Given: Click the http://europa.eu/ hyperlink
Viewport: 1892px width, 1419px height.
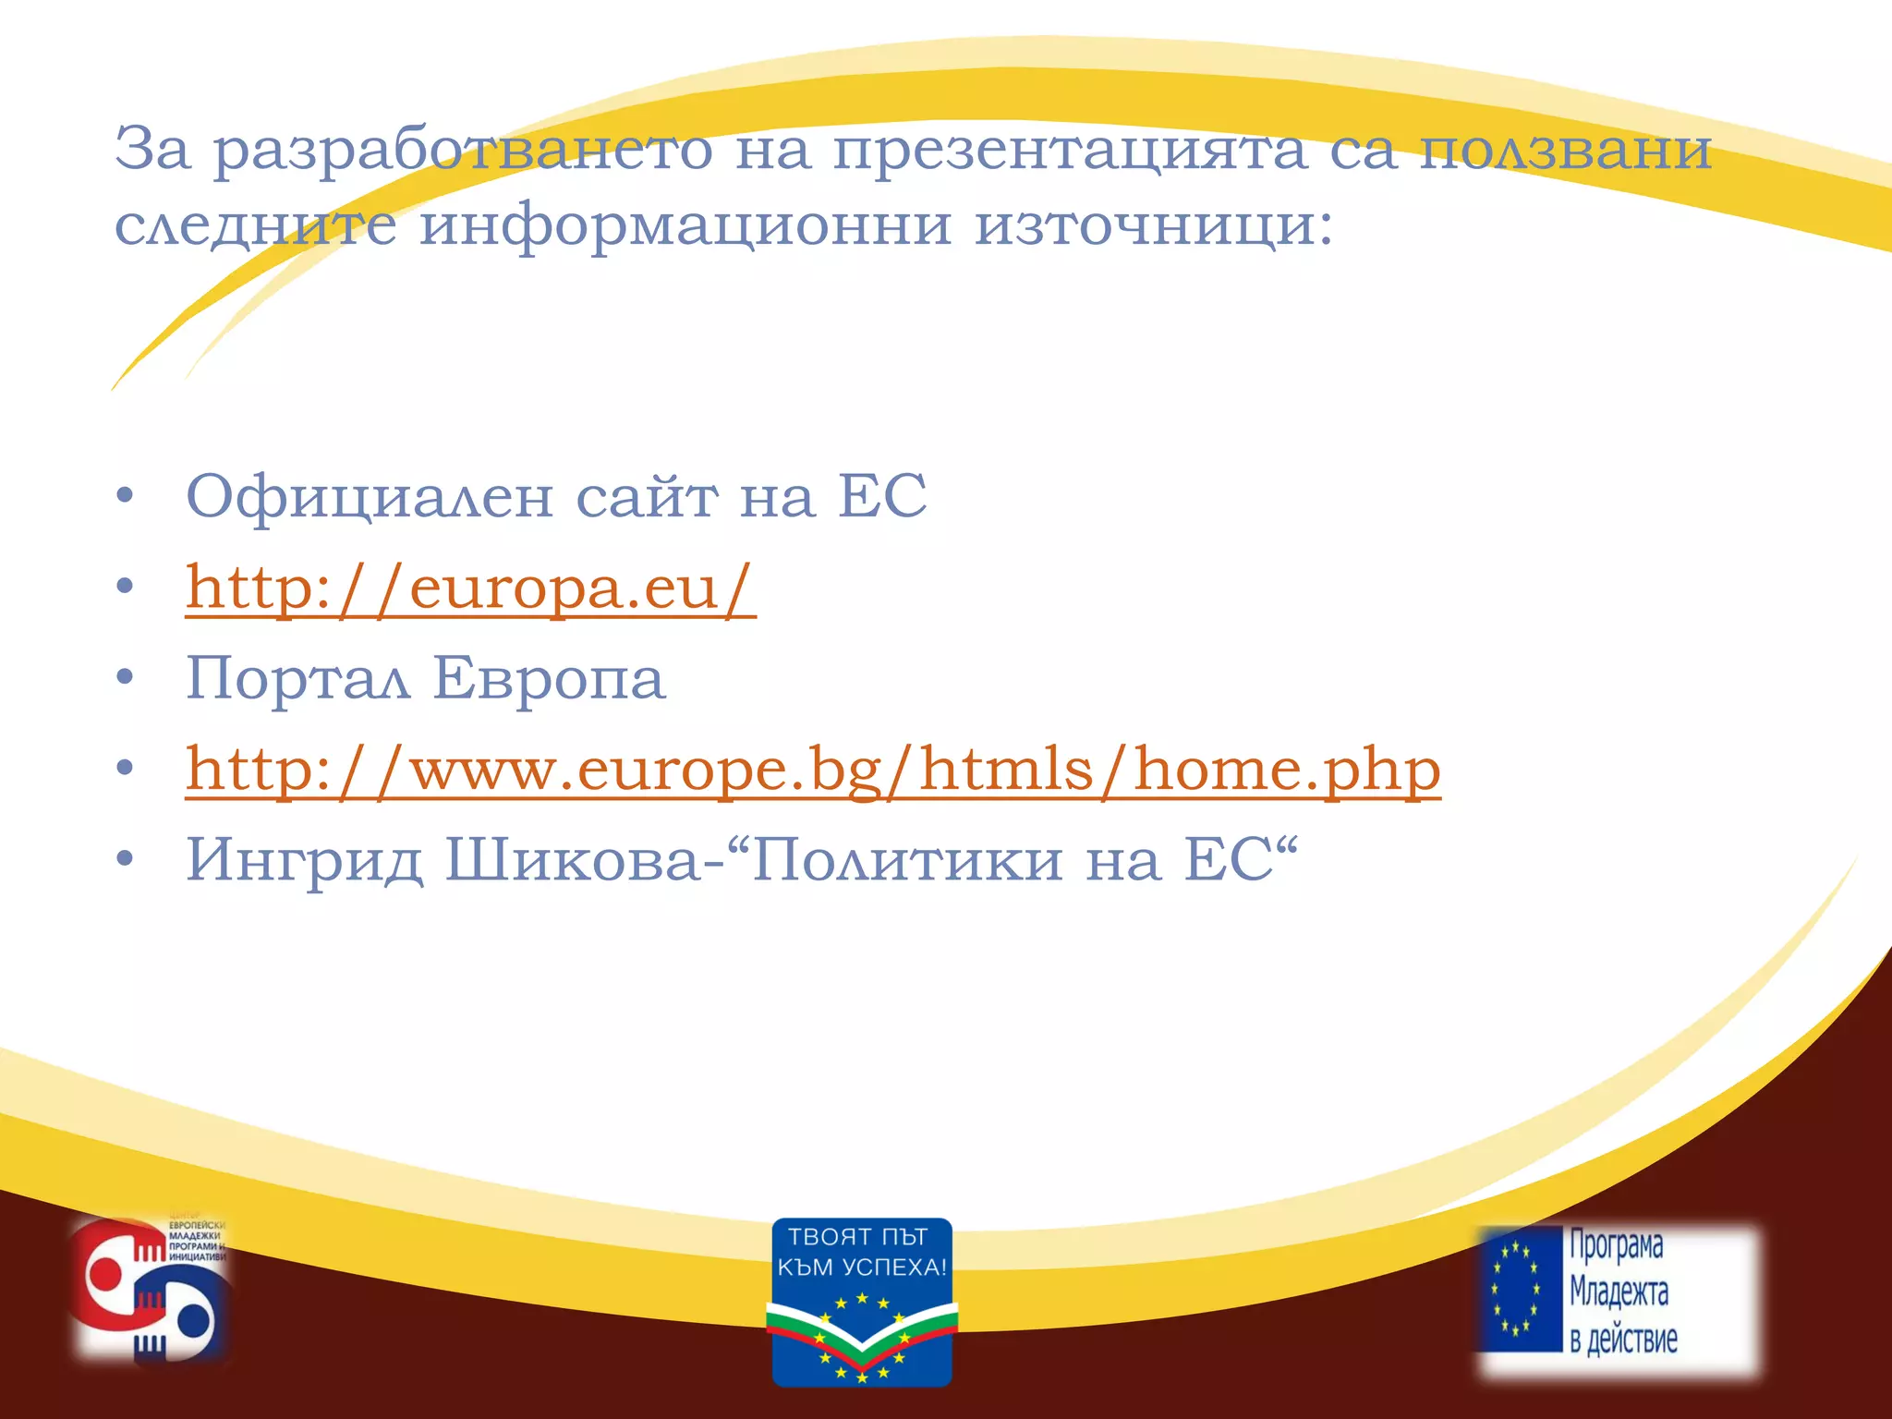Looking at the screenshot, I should (470, 588).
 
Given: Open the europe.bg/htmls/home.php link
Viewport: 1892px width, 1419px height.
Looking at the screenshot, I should (812, 770).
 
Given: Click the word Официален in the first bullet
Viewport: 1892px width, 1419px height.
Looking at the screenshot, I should (370, 497).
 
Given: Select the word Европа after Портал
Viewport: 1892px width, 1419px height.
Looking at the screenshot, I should (549, 679).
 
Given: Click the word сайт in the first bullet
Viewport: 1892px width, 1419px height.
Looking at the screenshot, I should (647, 497).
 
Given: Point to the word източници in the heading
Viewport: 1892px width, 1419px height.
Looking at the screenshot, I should (1154, 225).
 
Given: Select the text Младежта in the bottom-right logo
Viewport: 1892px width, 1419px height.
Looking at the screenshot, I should (1619, 1292).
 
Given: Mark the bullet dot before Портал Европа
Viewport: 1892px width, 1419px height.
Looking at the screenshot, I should (126, 679).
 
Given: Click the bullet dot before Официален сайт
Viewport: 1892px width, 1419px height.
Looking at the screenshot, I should (126, 497).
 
